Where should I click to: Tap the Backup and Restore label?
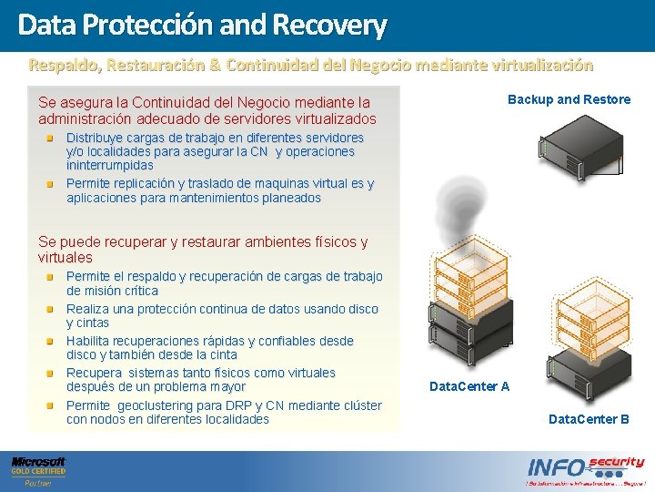(x=569, y=99)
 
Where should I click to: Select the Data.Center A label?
(x=469, y=386)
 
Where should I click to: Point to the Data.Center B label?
(x=589, y=419)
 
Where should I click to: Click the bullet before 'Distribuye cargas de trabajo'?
(x=54, y=138)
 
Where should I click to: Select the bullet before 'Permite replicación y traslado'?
(x=54, y=184)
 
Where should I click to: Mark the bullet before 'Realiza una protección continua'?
(x=54, y=310)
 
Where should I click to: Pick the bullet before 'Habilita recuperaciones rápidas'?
(x=54, y=342)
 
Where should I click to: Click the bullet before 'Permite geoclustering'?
(x=54, y=405)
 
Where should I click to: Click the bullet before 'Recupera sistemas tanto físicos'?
(x=54, y=374)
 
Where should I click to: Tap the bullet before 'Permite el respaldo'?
(x=54, y=277)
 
